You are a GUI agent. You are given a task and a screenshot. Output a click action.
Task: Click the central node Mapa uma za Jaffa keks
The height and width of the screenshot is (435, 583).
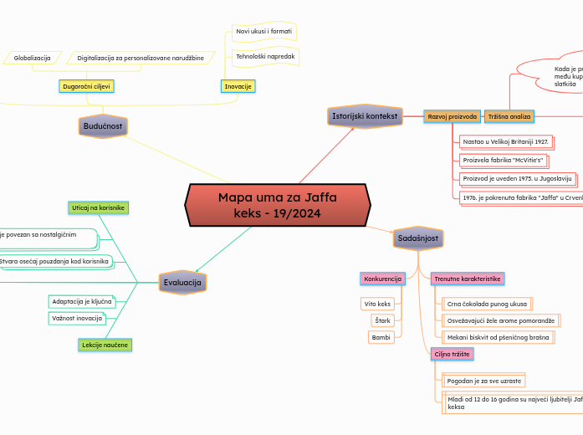(277, 206)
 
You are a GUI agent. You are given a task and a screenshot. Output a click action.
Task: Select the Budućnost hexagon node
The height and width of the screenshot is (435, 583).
(103, 126)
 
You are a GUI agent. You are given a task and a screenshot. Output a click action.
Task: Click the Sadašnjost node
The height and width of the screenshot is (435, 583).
(418, 239)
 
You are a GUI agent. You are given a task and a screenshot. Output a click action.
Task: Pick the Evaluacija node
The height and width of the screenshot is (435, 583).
(182, 283)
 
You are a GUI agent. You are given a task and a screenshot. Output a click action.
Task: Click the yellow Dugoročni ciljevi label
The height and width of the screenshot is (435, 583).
(87, 86)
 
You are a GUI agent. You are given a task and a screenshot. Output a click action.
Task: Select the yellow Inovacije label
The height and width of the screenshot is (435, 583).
(238, 86)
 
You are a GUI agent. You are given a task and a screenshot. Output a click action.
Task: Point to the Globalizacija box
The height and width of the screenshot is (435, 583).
(33, 58)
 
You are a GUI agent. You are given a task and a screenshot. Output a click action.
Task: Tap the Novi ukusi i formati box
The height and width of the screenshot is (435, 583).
(263, 31)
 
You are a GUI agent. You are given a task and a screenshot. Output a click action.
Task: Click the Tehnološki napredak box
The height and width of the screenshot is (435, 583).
(263, 57)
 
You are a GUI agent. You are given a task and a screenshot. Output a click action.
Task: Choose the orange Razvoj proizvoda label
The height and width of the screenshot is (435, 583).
(453, 116)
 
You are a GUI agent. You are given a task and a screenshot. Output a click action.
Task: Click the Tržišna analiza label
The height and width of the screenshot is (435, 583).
(509, 116)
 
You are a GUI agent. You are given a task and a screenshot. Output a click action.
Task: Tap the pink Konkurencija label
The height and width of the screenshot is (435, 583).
(382, 279)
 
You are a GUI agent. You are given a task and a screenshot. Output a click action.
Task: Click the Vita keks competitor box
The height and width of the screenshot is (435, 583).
(377, 304)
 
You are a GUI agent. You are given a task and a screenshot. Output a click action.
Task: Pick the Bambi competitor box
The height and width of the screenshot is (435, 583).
(381, 337)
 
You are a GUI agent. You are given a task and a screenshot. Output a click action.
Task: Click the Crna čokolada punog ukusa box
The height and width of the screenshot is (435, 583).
(487, 304)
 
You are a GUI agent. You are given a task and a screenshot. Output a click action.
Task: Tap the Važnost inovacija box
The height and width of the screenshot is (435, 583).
(77, 318)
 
